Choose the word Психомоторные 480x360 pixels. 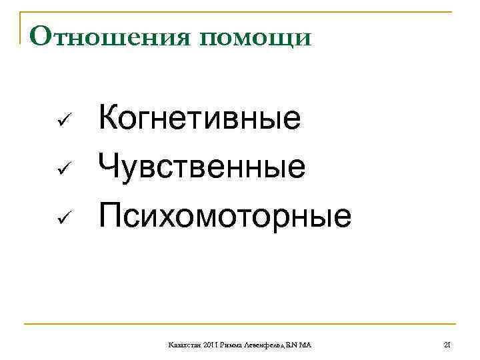coord(225,215)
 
